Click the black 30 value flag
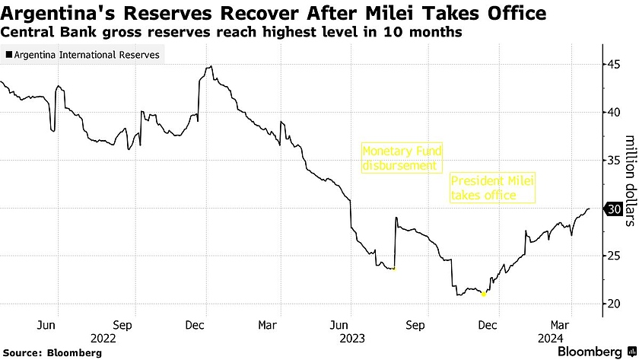click(x=612, y=209)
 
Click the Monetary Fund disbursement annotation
click(x=402, y=158)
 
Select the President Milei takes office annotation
click(x=493, y=188)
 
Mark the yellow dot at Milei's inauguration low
click(x=484, y=295)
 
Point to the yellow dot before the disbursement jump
click(x=393, y=269)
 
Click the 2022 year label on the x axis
click(x=103, y=337)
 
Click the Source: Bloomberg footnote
click(x=51, y=352)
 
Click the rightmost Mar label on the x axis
click(x=561, y=324)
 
